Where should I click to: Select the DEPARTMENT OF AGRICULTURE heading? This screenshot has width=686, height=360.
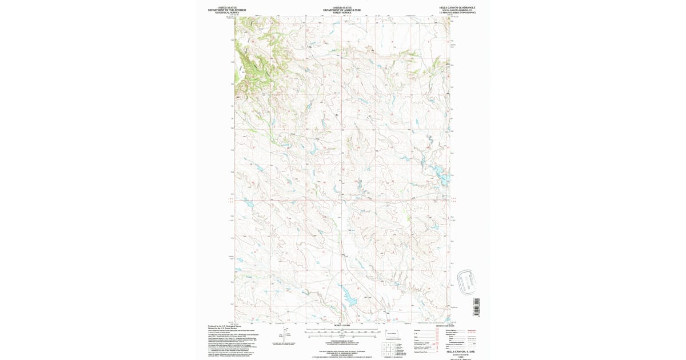342,10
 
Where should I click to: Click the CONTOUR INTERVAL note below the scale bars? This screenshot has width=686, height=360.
342,341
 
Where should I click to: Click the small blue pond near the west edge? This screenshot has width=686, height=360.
249,202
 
